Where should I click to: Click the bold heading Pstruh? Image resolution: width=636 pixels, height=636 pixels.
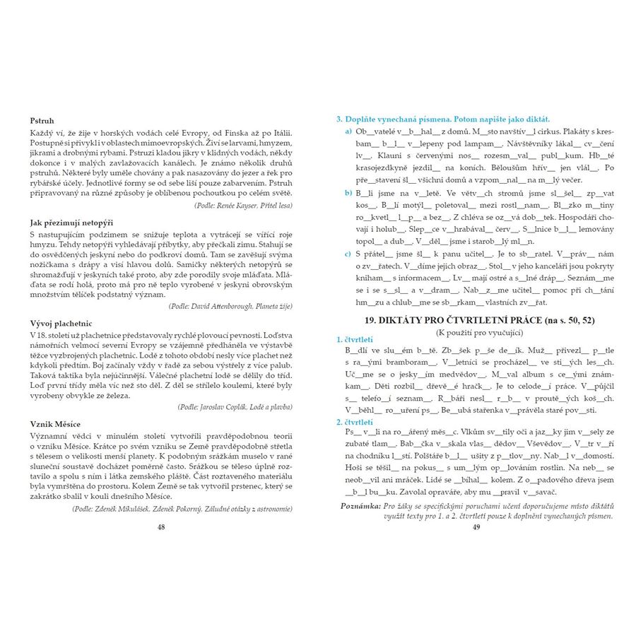(x=42, y=121)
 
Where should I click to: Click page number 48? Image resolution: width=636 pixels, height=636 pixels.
(x=161, y=526)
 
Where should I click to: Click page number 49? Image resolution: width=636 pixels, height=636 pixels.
(x=476, y=526)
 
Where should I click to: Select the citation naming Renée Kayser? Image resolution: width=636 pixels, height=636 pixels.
(x=242, y=205)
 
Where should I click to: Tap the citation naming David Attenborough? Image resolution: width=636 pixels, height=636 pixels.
(x=230, y=306)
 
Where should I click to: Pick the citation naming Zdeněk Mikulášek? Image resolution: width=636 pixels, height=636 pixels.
(x=182, y=508)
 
